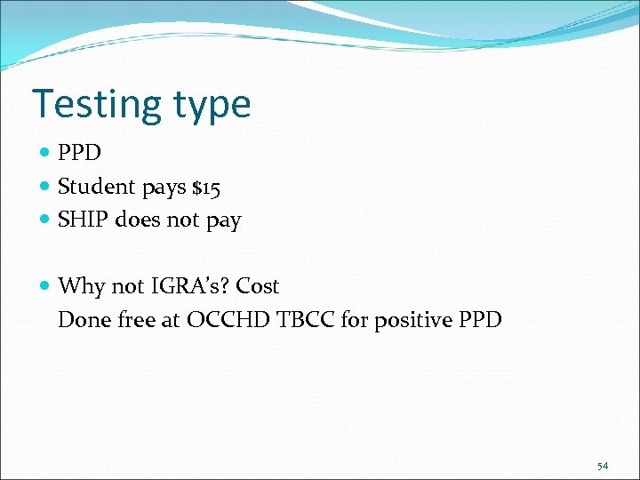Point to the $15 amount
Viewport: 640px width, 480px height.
tap(205, 187)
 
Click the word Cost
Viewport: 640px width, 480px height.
tap(258, 286)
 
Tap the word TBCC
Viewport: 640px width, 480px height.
tap(305, 319)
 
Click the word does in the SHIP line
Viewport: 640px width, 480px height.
tap(138, 220)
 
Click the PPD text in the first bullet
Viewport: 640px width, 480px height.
tap(79, 153)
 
